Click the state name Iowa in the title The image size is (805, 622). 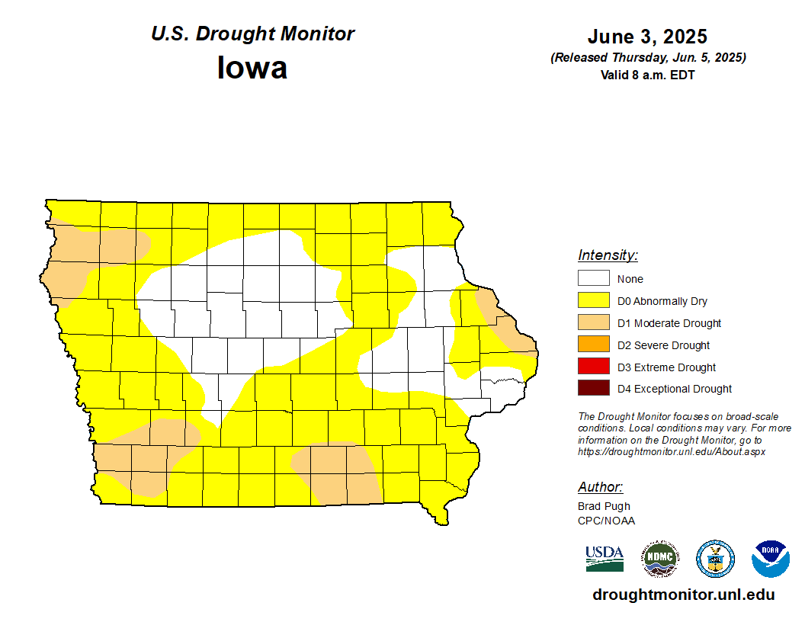[252, 68]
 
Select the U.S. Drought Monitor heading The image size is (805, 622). [252, 34]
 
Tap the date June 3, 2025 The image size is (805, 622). [647, 37]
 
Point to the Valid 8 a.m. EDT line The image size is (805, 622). [647, 75]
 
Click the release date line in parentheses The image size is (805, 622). [647, 58]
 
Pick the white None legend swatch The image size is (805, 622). [593, 279]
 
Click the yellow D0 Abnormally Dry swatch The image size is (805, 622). [593, 301]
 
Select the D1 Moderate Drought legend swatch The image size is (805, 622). [593, 323]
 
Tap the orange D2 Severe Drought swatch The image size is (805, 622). [593, 345]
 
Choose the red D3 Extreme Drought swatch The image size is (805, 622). [593, 367]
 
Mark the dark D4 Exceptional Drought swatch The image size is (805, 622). [593, 389]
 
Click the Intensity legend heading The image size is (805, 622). [608, 255]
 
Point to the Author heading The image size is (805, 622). [600, 487]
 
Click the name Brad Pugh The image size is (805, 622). [604, 506]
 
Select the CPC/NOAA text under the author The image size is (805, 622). [606, 521]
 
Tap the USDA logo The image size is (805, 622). [605, 559]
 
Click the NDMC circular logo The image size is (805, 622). [659, 559]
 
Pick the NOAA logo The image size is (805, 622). [770, 559]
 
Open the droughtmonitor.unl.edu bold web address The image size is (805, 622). [683, 595]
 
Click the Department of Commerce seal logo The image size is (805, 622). [715, 559]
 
